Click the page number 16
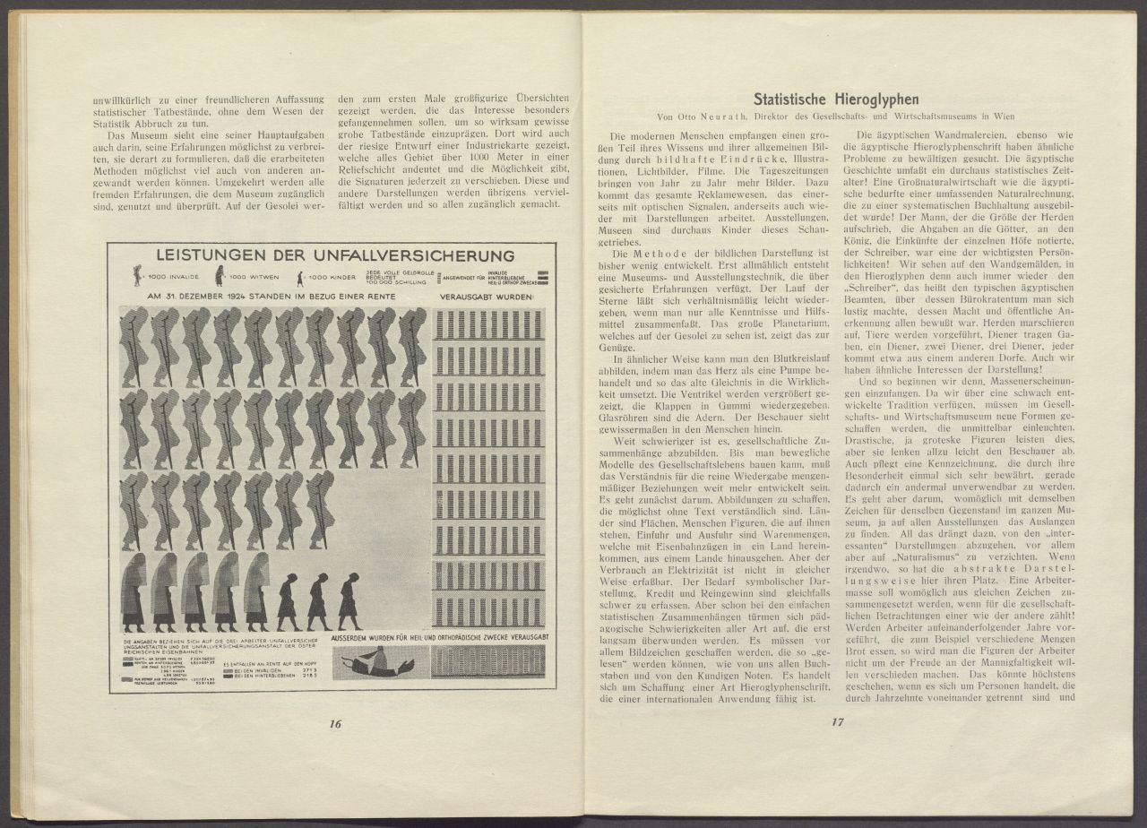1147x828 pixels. [336, 724]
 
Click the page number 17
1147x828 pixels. [838, 723]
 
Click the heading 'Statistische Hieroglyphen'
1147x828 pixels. [836, 99]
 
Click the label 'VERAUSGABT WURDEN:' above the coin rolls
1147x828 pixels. [487, 296]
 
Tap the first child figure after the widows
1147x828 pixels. [289, 601]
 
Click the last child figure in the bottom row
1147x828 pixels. [349, 601]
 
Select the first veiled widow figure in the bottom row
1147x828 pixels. [134, 591]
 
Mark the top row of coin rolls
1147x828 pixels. [488, 323]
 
